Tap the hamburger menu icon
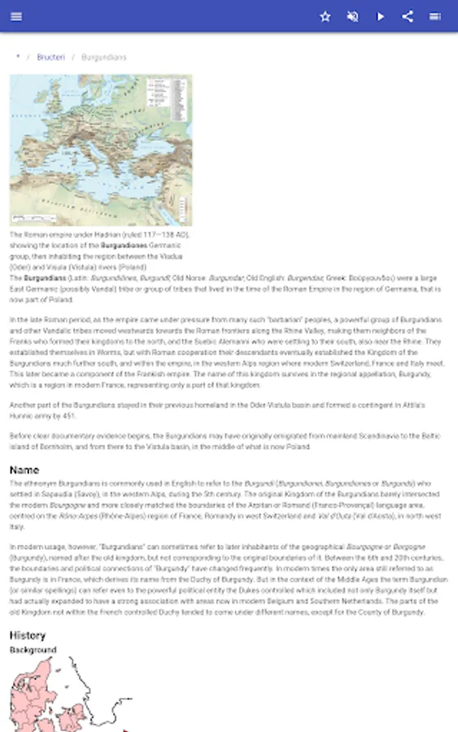16,16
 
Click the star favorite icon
325,16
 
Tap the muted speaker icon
353,16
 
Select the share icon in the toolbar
408,16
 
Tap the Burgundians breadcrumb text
104,58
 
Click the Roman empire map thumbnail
101,150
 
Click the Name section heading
24,470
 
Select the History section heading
28,635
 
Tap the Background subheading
33,650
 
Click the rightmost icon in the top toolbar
435,16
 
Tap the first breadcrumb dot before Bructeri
18,57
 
